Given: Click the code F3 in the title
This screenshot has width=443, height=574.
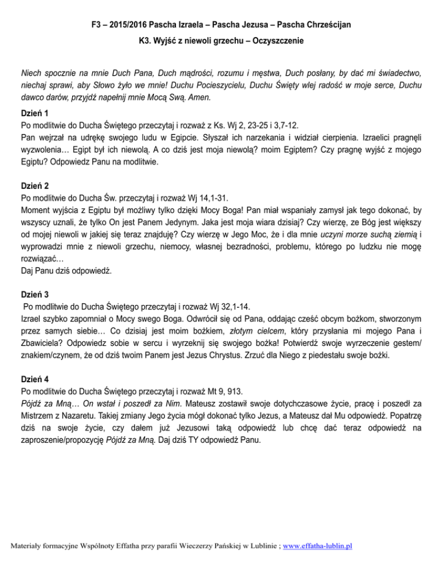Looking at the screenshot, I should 97,25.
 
